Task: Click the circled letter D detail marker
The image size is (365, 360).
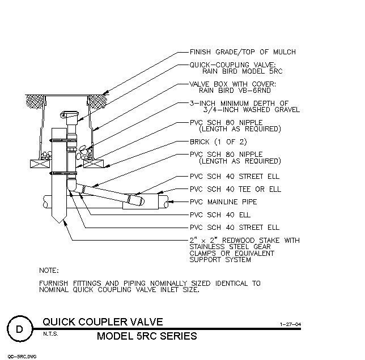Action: click(19, 329)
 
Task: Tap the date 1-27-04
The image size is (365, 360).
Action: click(291, 324)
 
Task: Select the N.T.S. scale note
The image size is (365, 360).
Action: click(50, 334)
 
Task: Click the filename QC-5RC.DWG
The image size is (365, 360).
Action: click(22, 357)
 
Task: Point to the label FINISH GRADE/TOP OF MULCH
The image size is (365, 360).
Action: click(243, 52)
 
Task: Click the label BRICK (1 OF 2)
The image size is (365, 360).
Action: click(218, 142)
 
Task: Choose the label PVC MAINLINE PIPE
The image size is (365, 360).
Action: click(223, 202)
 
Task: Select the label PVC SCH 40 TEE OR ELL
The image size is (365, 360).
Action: click(235, 189)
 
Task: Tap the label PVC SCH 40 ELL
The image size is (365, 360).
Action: click(220, 215)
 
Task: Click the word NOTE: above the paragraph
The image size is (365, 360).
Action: click(49, 271)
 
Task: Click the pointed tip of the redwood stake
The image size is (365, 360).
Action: click(60, 223)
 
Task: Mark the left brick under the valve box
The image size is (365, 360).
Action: click(40, 164)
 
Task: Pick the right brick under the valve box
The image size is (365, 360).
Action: click(93, 164)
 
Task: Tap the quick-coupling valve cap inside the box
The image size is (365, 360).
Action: click(69, 114)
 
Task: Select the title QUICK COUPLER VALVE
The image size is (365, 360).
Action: click(103, 322)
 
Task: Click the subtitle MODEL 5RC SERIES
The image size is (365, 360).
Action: click(147, 336)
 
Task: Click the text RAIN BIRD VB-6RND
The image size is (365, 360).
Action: click(235, 90)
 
